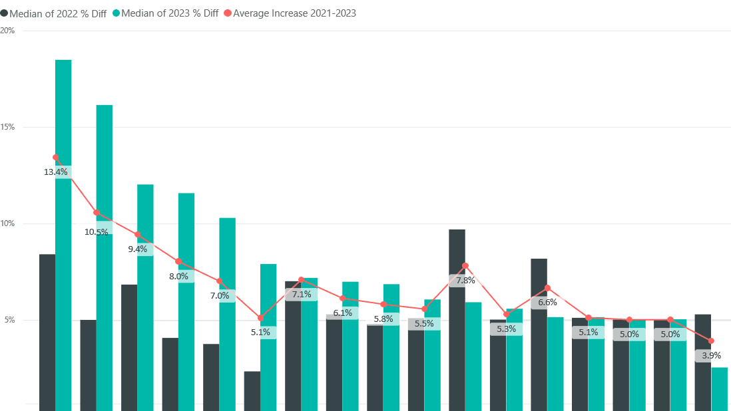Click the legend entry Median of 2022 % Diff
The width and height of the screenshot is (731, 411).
57,13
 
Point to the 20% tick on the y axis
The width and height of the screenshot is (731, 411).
8,31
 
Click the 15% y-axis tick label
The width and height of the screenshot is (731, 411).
8,127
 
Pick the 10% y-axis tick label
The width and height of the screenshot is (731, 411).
8,223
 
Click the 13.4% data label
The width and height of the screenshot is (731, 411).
56,172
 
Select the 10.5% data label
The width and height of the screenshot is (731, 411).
97,232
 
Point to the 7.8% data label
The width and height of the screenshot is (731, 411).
465,280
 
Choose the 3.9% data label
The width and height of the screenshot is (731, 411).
711,356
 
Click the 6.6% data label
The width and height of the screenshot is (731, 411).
547,302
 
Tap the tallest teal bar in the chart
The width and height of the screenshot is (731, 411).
63,233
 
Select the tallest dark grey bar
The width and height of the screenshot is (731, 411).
457,319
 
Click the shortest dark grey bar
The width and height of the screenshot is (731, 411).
252,391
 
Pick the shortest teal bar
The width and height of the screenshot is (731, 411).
719,389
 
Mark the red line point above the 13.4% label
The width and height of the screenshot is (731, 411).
55,158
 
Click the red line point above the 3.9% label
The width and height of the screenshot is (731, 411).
711,341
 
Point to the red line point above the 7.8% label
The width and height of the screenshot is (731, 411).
465,265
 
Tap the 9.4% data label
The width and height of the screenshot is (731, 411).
138,249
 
